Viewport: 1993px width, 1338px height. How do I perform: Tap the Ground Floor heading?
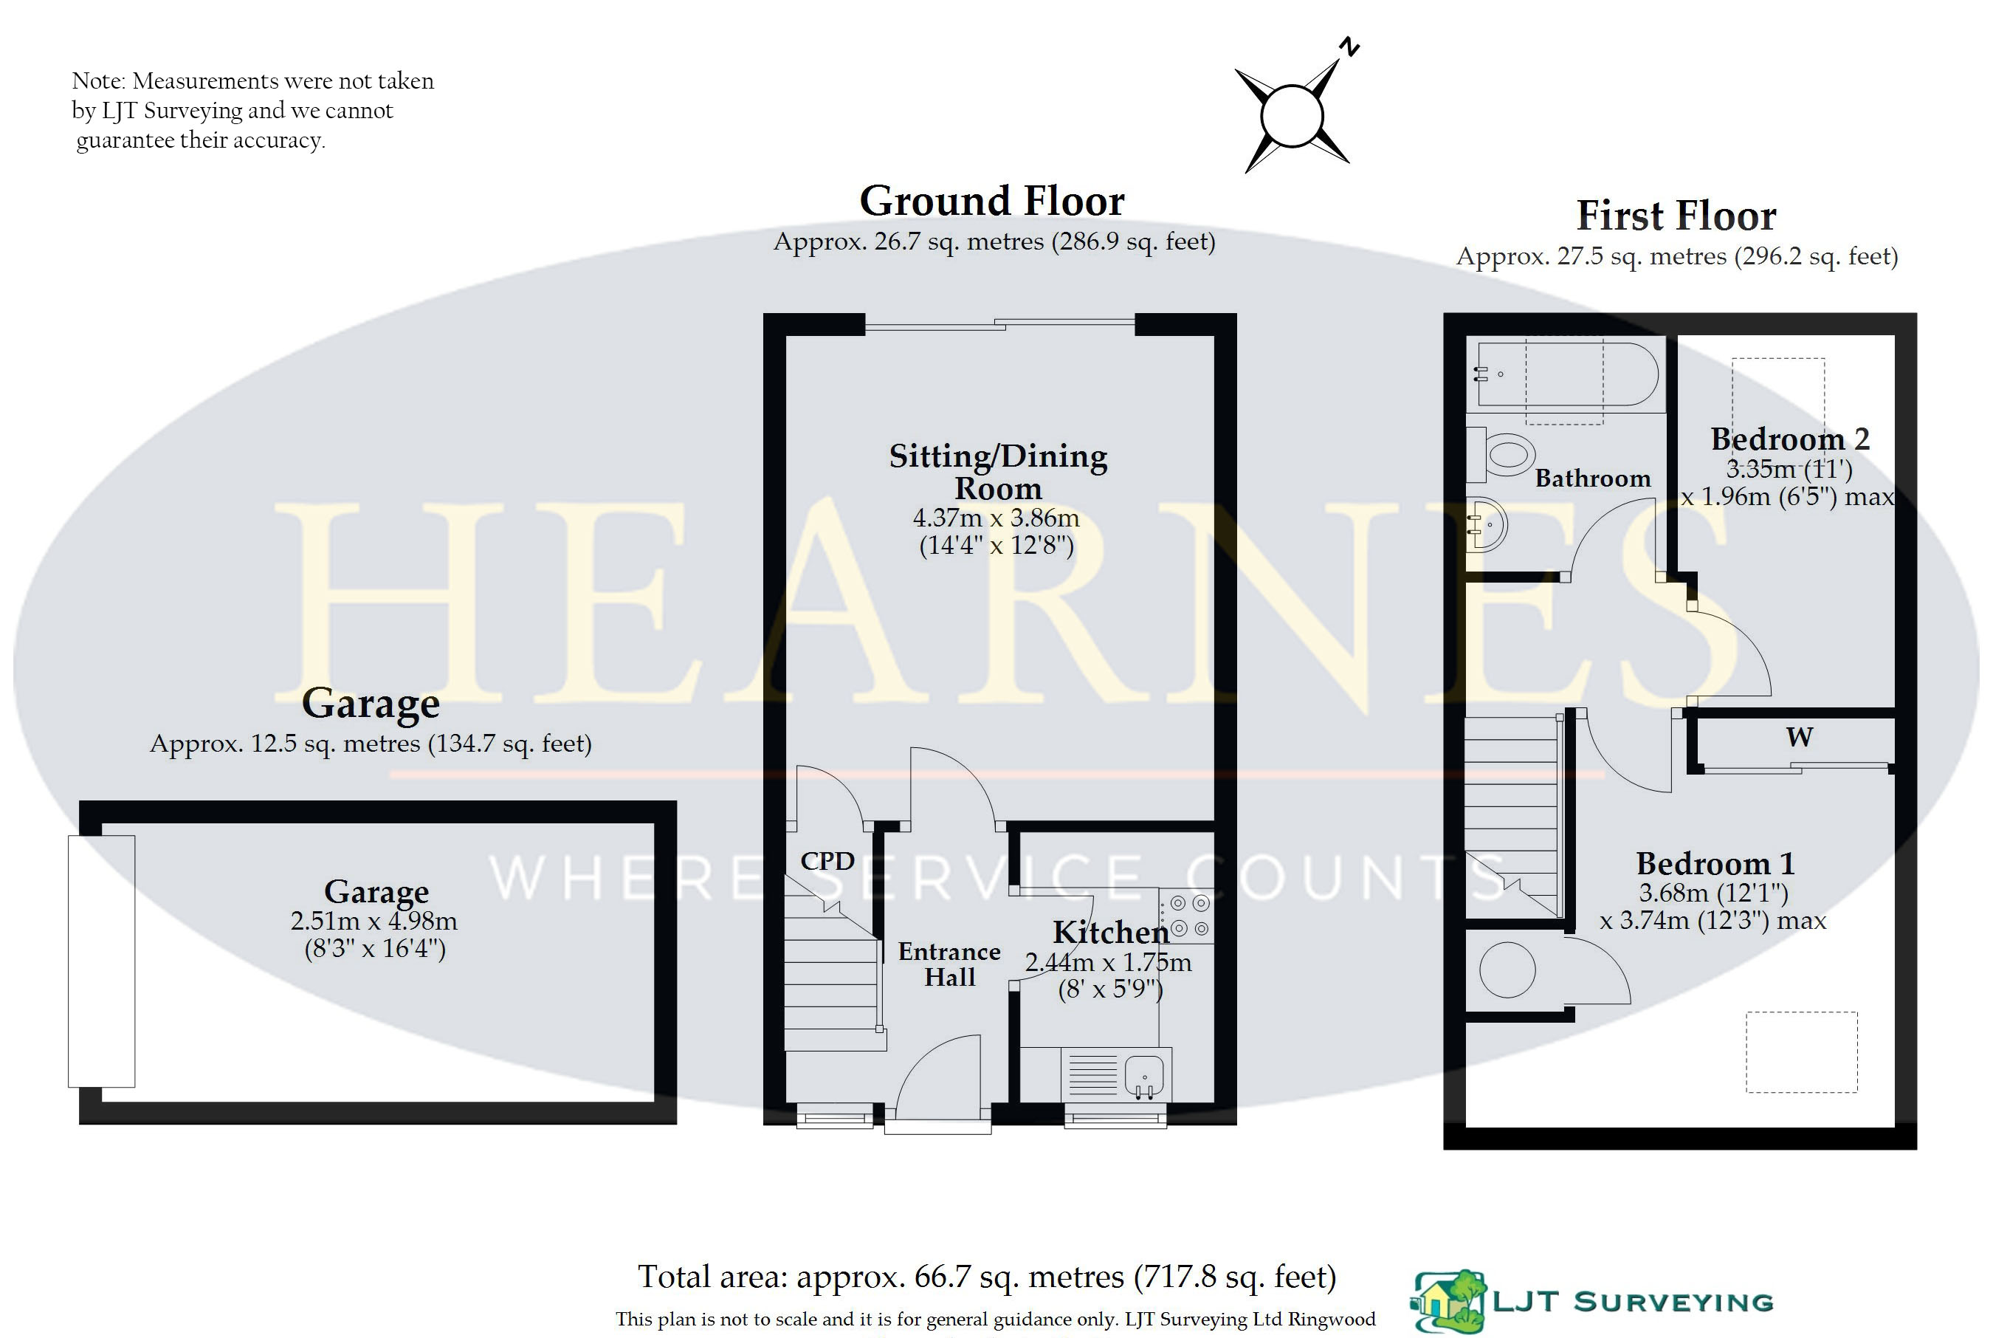(x=992, y=202)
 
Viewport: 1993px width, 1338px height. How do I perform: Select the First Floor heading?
(x=1676, y=216)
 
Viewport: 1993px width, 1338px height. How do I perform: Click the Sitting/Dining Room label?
(x=998, y=472)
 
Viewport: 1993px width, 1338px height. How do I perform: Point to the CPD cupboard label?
(x=827, y=861)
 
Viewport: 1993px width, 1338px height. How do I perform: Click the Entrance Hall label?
(x=949, y=964)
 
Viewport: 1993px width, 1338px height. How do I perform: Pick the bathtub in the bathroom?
(x=1567, y=374)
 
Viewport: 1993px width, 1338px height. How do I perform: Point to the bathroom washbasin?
(x=1487, y=525)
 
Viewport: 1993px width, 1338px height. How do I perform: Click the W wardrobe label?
(x=1800, y=737)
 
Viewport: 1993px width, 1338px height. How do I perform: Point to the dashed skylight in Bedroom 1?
(x=1801, y=1052)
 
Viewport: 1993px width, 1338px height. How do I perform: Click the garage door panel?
(x=101, y=961)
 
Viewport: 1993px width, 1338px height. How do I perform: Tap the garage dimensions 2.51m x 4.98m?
(x=374, y=922)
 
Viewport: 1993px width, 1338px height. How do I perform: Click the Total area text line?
(x=987, y=1277)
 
